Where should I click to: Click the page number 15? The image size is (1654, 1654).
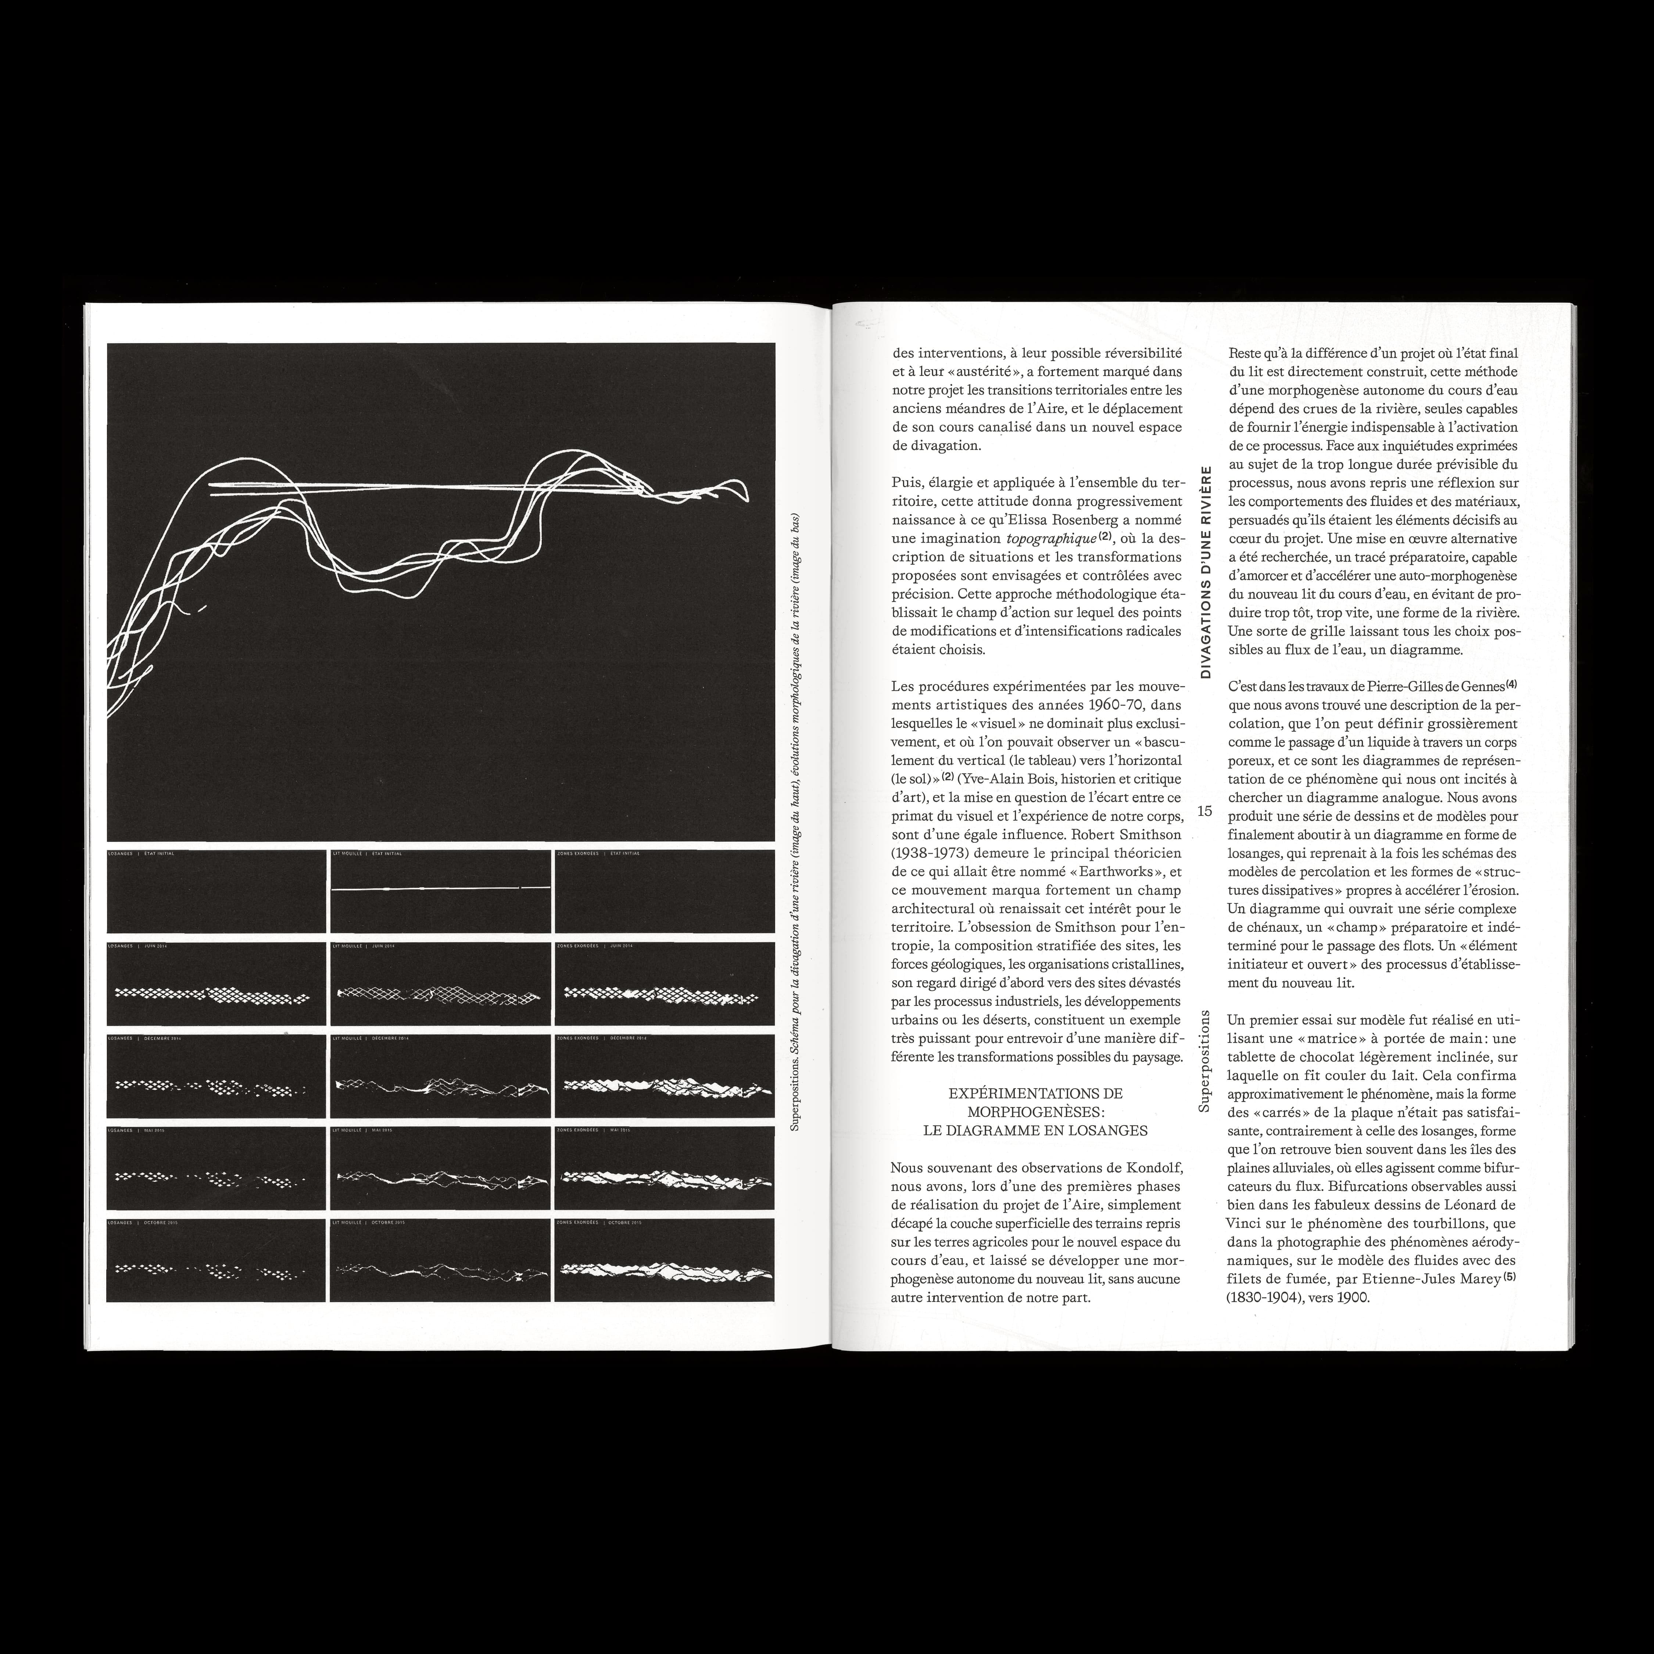tap(1204, 811)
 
